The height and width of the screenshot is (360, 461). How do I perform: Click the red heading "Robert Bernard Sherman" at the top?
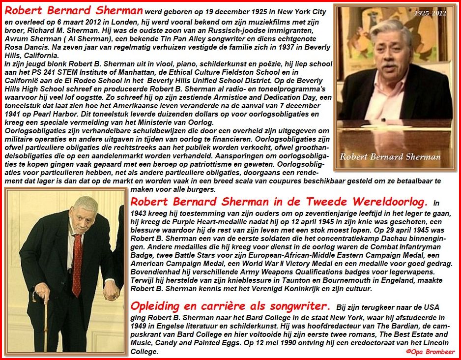point(74,10)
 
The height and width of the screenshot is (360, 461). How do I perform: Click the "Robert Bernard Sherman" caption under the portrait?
point(390,157)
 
